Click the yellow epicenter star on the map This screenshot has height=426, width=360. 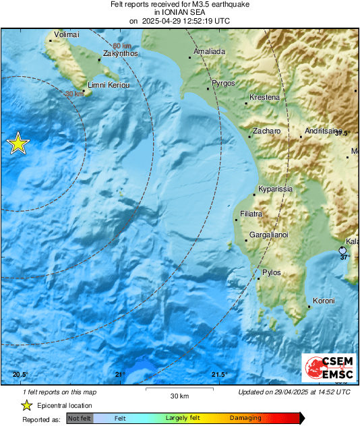point(18,143)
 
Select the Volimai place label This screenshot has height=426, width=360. point(66,34)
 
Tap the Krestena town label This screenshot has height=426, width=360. point(264,98)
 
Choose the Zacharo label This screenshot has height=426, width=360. point(266,131)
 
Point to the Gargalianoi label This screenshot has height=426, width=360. point(269,235)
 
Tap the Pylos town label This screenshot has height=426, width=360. point(271,272)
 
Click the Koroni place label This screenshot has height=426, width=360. point(324,301)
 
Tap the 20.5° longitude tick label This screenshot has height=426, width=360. point(20,375)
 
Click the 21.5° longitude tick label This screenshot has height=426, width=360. point(218,375)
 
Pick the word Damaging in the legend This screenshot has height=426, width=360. point(245,418)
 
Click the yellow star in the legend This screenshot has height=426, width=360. point(26,405)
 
